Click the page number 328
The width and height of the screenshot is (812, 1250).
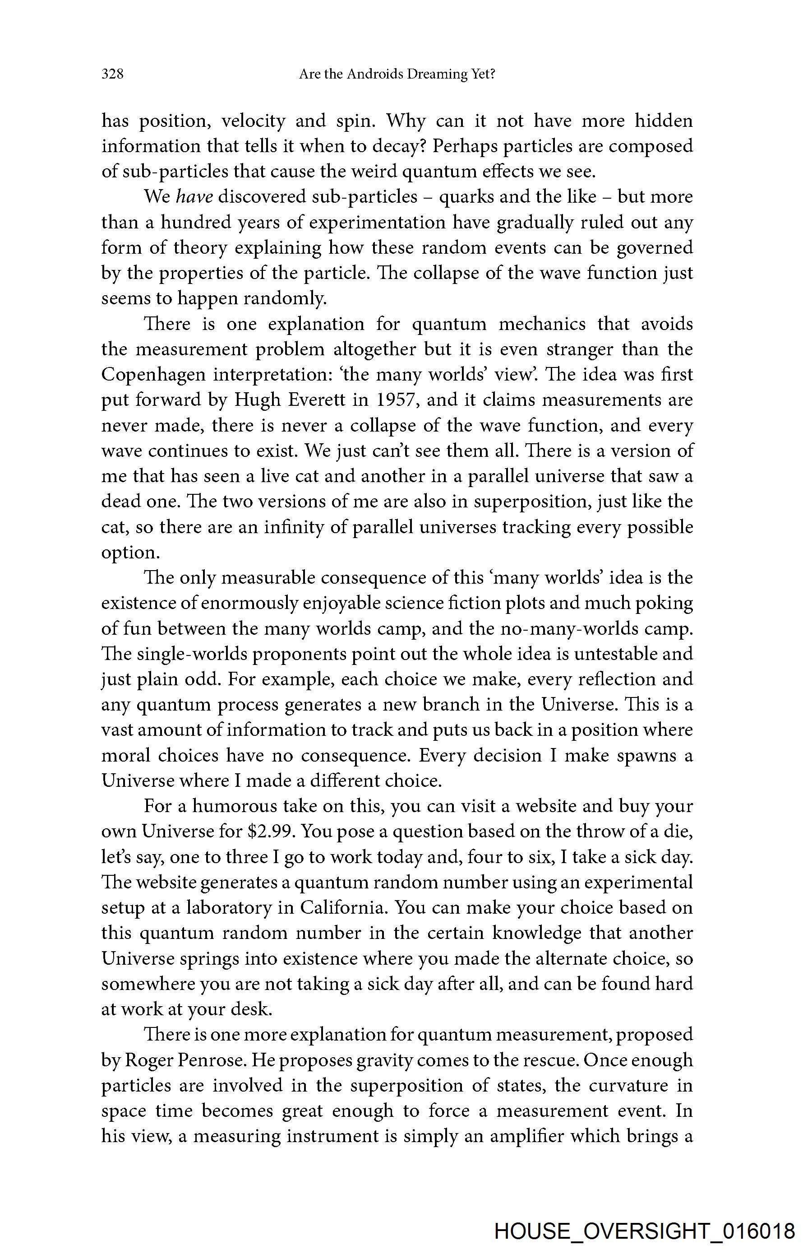tap(112, 74)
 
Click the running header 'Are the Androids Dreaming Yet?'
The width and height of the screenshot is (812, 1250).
tap(397, 74)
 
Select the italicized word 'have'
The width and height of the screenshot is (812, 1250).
tap(194, 197)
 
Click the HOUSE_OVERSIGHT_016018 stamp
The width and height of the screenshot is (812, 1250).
tap(645, 1231)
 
